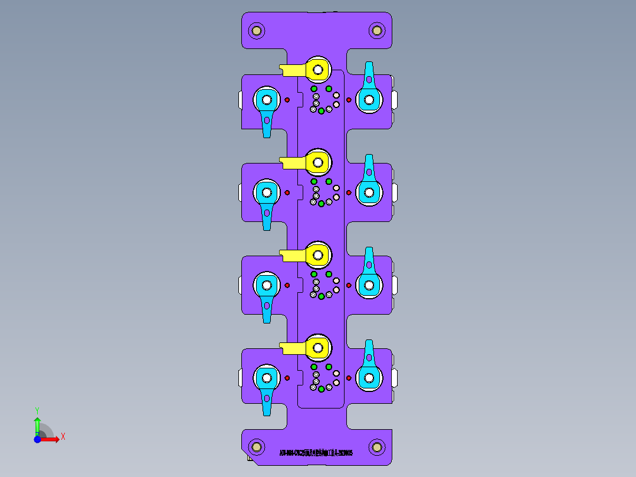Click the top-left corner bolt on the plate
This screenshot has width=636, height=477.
pyautogui.click(x=257, y=30)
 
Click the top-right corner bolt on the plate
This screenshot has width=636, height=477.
pyautogui.click(x=376, y=30)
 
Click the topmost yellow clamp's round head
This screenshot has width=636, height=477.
pyautogui.click(x=318, y=70)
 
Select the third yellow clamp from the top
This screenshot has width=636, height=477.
pyautogui.click(x=317, y=254)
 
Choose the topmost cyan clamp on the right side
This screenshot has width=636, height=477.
pyautogui.click(x=369, y=99)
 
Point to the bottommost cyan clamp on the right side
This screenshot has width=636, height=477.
pyautogui.click(x=369, y=377)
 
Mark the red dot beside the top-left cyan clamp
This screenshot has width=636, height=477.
pyautogui.click(x=287, y=100)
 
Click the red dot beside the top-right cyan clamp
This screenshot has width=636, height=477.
pyautogui.click(x=348, y=100)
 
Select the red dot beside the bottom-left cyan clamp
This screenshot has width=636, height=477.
pyautogui.click(x=287, y=378)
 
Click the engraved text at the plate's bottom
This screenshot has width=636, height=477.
pyautogui.click(x=316, y=453)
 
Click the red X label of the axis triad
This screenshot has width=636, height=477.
pyautogui.click(x=63, y=437)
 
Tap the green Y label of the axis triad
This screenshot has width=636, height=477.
pyautogui.click(x=37, y=410)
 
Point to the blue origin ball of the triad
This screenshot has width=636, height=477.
pyautogui.click(x=37, y=439)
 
